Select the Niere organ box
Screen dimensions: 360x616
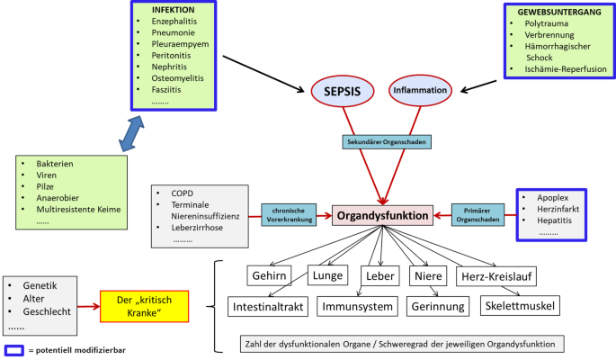tap(425, 274)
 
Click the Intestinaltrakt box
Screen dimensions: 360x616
tap(272, 307)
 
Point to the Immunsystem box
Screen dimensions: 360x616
tap(360, 307)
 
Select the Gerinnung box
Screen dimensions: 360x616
tap(440, 307)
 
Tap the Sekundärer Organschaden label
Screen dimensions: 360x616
tap(384, 142)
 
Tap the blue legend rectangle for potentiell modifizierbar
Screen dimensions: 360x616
tap(13, 349)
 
